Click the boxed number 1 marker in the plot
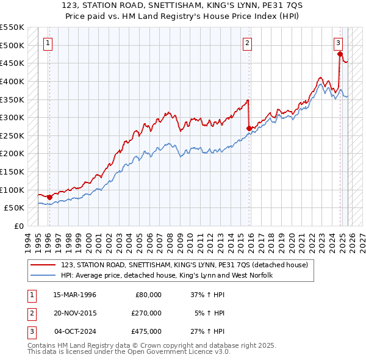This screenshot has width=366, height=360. [x=48, y=43]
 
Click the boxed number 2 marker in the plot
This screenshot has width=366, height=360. [x=247, y=43]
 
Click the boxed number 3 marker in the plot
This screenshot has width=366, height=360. [x=337, y=43]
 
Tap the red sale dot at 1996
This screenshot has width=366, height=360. [x=49, y=197]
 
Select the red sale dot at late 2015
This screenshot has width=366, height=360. [x=249, y=128]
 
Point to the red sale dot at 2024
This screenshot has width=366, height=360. [x=340, y=54]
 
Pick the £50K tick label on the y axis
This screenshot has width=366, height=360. [x=14, y=207]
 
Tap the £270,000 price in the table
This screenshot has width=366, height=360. [x=146, y=313]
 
